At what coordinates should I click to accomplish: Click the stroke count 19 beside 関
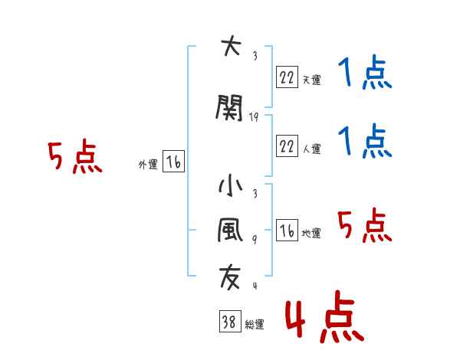(x=255, y=116)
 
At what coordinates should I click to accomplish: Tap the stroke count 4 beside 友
(x=254, y=286)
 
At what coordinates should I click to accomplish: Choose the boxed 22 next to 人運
(x=287, y=145)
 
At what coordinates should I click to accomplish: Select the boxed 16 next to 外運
(x=173, y=162)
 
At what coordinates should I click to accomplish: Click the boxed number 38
(x=229, y=322)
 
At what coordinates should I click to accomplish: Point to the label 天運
(x=311, y=80)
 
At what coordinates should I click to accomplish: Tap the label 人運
(x=311, y=149)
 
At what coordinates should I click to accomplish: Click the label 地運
(x=311, y=234)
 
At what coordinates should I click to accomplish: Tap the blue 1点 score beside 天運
(x=364, y=75)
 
